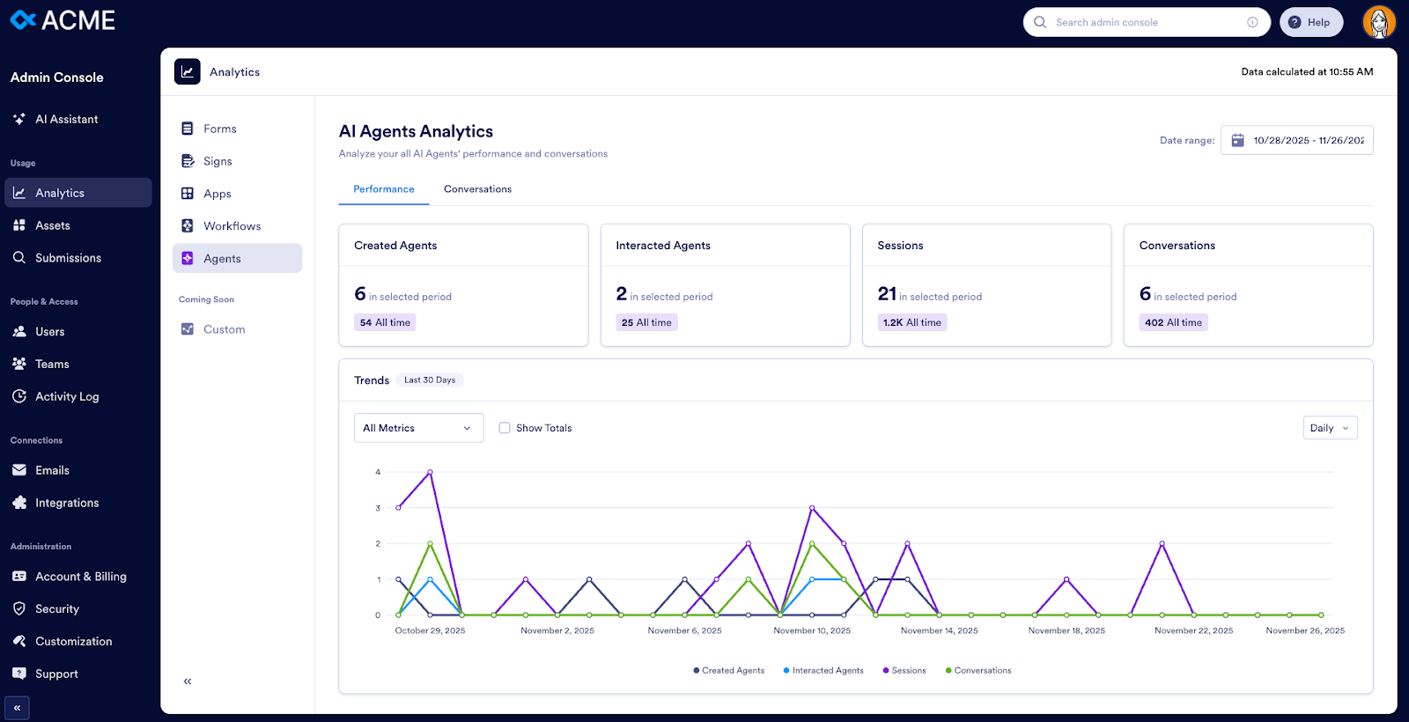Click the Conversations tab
(477, 189)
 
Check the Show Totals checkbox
(505, 428)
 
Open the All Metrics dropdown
(418, 428)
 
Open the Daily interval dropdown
(1330, 428)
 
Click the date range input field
(1297, 141)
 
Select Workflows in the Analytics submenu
(232, 226)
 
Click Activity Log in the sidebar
(67, 397)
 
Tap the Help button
(1310, 23)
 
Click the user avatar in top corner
(1378, 22)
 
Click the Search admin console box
(1145, 23)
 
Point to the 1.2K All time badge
(912, 322)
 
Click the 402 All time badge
(1173, 322)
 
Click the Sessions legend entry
(904, 671)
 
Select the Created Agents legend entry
(729, 671)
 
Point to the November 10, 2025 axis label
(812, 630)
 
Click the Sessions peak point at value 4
(430, 472)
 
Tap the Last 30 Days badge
(430, 380)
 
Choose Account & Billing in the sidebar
(80, 577)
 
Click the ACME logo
(63, 20)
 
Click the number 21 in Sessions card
(887, 294)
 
